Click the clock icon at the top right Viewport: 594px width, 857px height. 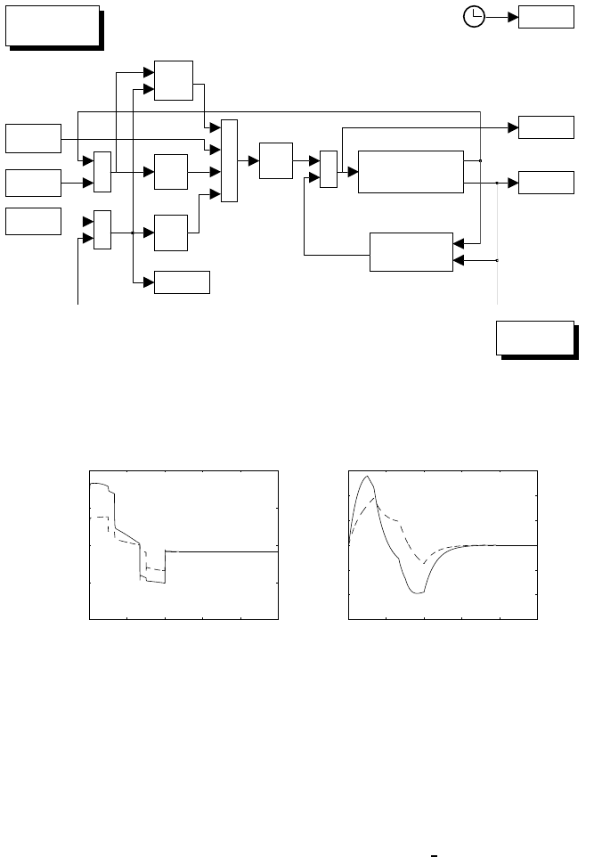pos(474,16)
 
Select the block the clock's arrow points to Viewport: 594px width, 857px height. pos(546,16)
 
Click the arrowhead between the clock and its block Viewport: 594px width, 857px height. pos(513,16)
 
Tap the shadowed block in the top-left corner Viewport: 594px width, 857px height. pos(52,25)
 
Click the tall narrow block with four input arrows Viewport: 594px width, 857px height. pos(229,159)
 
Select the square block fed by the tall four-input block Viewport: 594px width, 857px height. pos(275,160)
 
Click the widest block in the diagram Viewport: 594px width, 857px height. pos(411,170)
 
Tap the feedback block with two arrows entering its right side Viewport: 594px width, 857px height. pos(411,250)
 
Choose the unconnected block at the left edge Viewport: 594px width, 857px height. pos(33,220)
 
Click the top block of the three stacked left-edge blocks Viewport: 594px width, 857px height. pos(33,138)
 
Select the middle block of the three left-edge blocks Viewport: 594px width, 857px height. pos(33,182)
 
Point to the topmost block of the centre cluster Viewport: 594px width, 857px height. pos(174,80)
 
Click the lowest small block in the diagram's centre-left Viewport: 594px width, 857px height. pos(183,282)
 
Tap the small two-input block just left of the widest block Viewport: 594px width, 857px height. pos(329,169)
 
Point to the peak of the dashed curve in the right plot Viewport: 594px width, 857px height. pos(377,504)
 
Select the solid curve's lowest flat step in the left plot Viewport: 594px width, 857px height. pos(156,582)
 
